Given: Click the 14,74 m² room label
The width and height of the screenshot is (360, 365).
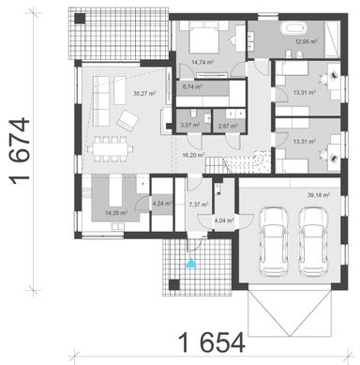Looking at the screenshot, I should point(202,63).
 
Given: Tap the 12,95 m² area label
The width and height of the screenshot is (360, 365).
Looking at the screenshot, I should point(307,42).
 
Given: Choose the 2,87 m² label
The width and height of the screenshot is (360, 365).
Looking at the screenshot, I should point(225,124).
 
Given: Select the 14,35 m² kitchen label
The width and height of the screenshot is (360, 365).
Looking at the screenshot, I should point(115,214).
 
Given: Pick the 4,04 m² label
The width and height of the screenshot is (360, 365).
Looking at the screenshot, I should point(224,221).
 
